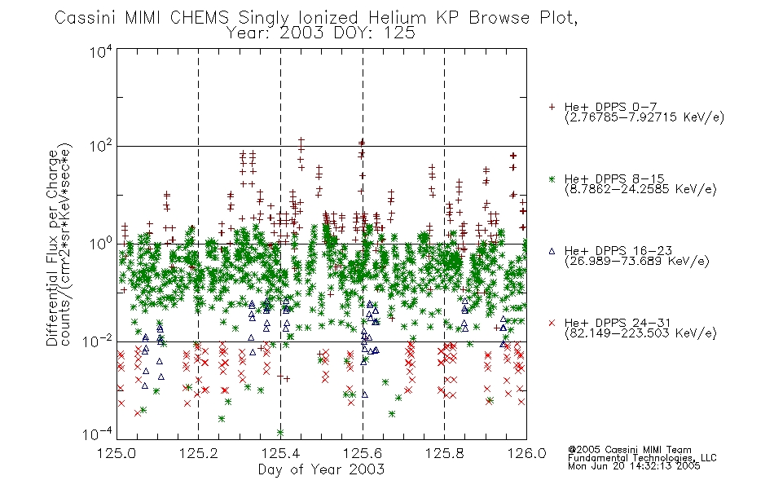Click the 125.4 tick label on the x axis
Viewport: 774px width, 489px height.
280,453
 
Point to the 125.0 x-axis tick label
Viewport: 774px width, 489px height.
117,453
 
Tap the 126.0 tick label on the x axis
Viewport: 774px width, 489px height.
526,453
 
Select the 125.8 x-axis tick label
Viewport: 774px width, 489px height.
444,453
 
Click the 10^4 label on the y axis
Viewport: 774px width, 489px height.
101,51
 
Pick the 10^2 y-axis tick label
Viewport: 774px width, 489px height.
101,147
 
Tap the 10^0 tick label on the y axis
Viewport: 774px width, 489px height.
101,244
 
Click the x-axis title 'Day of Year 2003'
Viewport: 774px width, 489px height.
321,469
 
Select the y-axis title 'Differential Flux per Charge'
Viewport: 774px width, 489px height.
52,248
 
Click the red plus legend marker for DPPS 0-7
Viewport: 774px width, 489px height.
552,107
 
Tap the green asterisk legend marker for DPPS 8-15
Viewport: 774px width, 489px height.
552,178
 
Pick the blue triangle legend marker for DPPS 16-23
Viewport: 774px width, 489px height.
552,251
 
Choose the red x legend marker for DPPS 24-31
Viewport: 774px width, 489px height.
552,323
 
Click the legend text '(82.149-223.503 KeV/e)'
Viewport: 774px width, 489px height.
640,333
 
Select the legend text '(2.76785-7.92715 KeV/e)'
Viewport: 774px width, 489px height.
644,117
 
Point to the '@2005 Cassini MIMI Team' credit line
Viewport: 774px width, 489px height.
629,450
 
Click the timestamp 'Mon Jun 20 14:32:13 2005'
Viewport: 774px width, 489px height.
634,466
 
